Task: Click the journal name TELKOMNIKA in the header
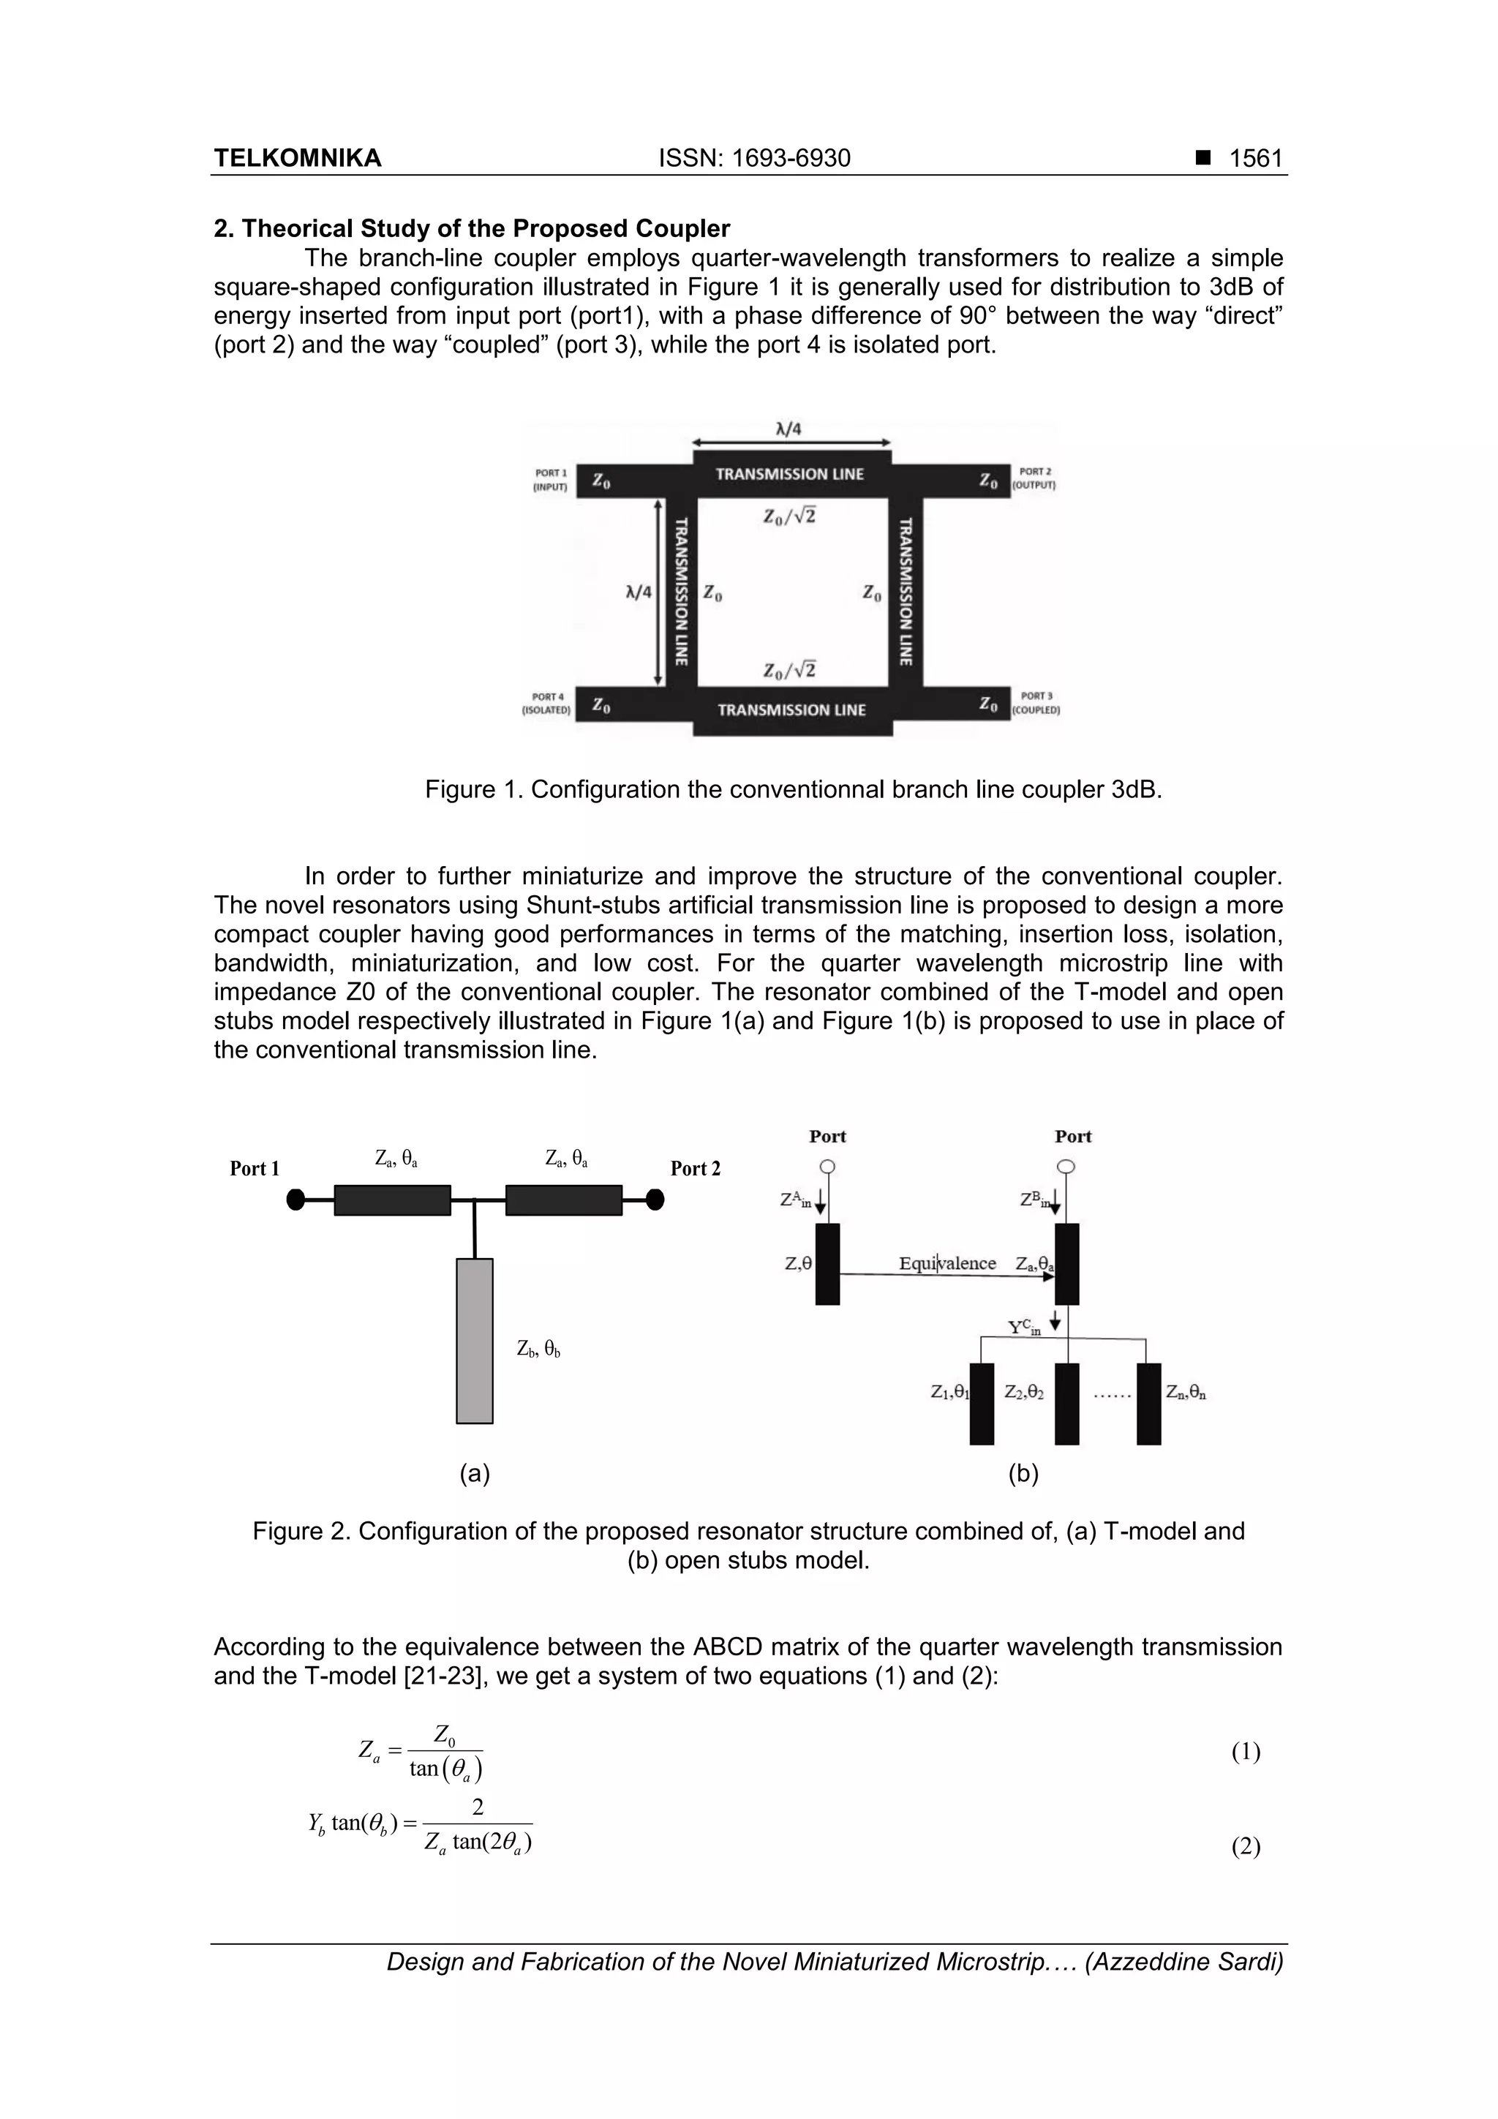[297, 158]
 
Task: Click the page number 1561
[1255, 158]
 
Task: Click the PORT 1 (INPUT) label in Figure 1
[550, 479]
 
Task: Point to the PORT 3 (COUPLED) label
[1036, 702]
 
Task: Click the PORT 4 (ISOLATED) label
[547, 703]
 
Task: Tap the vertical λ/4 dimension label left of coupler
[638, 592]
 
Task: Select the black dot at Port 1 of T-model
[296, 1200]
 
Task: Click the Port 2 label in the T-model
[695, 1168]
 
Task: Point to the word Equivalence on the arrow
[947, 1262]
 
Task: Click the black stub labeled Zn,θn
[1148, 1403]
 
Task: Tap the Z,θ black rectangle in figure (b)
[828, 1263]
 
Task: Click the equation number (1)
[1245, 1751]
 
